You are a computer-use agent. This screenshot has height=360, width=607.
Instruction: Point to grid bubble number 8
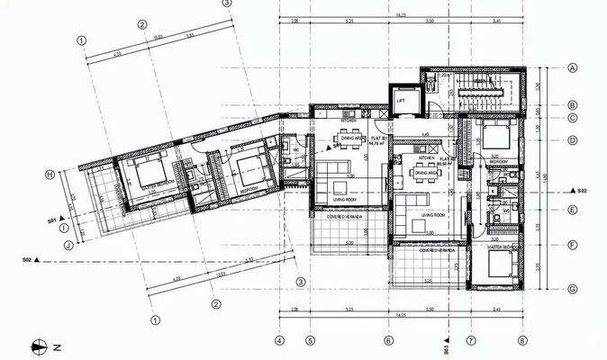(x=521, y=341)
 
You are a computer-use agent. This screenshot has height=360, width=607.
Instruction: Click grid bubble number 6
(x=388, y=341)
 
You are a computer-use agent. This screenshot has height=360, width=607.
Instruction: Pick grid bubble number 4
(x=280, y=341)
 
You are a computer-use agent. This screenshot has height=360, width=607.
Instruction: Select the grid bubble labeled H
(x=50, y=175)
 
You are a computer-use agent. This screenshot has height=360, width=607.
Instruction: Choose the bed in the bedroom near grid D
(x=493, y=139)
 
